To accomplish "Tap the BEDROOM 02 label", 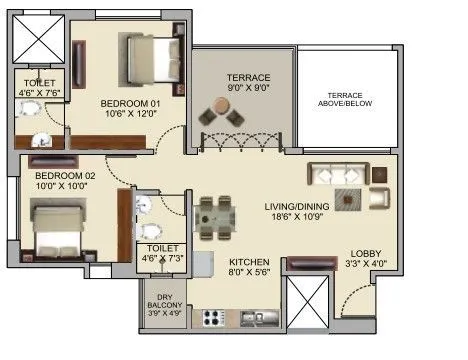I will click(52, 174).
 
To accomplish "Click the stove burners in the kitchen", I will click(216, 319).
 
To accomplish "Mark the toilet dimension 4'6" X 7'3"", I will click(161, 257).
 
